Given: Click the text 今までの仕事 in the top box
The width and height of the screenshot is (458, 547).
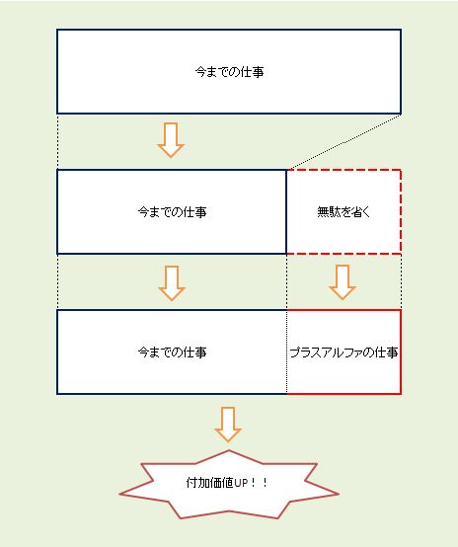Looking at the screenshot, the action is pyautogui.click(x=229, y=72).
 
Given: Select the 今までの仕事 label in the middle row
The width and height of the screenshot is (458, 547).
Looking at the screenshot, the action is pyautogui.click(x=172, y=211).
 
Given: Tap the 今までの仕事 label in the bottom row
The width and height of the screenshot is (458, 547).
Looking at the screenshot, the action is pyautogui.click(x=172, y=352).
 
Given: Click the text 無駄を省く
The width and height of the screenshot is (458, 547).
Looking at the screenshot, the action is pyautogui.click(x=343, y=211).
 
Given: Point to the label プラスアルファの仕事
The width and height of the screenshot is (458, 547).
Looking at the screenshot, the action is pyautogui.click(x=343, y=352).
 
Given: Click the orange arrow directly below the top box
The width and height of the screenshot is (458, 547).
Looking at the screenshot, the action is pyautogui.click(x=171, y=140).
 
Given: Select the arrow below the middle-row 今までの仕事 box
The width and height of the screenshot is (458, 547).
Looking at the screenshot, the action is pyautogui.click(x=172, y=283).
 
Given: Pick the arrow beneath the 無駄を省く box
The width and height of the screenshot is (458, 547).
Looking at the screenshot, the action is pyautogui.click(x=343, y=282).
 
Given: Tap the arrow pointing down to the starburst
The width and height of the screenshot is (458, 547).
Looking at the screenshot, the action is pyautogui.click(x=228, y=425).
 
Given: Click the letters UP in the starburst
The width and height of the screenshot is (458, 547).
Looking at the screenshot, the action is pyautogui.click(x=241, y=483).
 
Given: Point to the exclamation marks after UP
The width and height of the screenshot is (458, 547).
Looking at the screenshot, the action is pyautogui.click(x=260, y=483).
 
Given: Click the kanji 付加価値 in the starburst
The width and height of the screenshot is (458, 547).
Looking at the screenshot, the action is pyautogui.click(x=209, y=483).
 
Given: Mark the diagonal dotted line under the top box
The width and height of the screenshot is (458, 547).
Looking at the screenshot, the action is pyautogui.click(x=343, y=141).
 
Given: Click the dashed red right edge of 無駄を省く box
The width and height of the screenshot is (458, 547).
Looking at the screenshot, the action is pyautogui.click(x=401, y=211).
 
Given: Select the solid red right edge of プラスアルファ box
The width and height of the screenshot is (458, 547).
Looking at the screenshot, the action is pyautogui.click(x=401, y=352).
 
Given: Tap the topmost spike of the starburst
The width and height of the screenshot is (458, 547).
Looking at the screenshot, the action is pyautogui.click(x=229, y=450).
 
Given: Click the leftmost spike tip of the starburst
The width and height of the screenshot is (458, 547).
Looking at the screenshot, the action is pyautogui.click(x=119, y=494).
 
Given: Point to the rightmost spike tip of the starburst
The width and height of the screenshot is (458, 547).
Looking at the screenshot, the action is pyautogui.click(x=338, y=494).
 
